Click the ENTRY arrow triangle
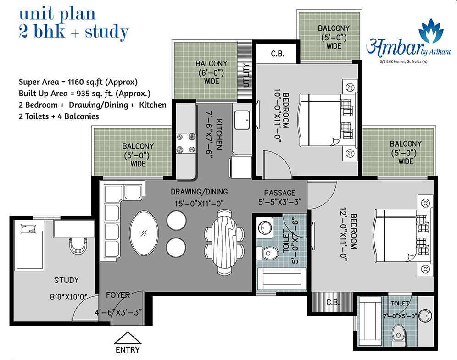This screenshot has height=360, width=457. [x=128, y=338]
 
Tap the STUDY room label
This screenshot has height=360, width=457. [x=67, y=280]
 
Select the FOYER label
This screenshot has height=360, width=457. [x=118, y=295]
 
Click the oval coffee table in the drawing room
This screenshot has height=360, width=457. [x=144, y=233]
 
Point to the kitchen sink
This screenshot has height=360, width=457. [x=242, y=120]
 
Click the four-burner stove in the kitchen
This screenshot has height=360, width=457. [x=186, y=143]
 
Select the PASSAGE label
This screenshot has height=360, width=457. [x=280, y=193]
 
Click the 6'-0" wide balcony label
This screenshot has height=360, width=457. [x=212, y=72]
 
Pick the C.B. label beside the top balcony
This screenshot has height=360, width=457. [x=278, y=54]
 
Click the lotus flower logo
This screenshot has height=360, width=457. [x=431, y=30]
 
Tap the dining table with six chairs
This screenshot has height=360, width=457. [x=224, y=243]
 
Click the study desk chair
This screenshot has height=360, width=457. [x=78, y=245]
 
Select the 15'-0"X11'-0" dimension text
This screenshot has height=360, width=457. [x=199, y=203]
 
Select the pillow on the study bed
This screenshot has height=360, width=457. [x=28, y=229]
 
